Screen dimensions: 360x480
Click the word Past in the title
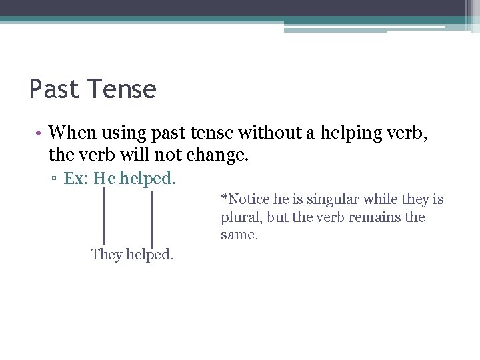click(x=55, y=89)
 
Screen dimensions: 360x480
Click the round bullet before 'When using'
click(x=40, y=134)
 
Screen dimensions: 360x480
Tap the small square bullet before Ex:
click(x=57, y=179)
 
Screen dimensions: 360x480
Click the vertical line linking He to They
click(x=104, y=217)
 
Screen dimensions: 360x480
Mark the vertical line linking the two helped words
click(x=153, y=217)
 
